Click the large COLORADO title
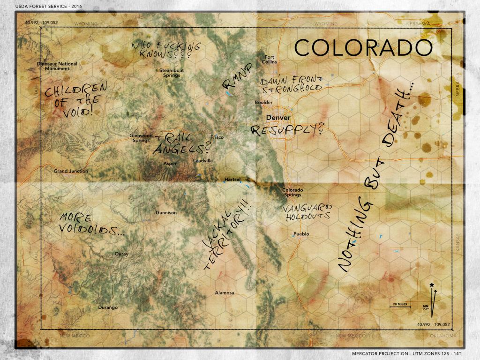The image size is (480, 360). (x=363, y=48)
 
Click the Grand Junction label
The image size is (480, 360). (x=71, y=171)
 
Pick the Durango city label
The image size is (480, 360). (x=108, y=307)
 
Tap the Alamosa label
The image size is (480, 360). (x=224, y=293)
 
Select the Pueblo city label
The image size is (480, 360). (x=301, y=234)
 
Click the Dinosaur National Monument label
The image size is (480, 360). (x=57, y=66)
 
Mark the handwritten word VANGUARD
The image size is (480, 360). (x=307, y=208)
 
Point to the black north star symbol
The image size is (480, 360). (x=432, y=285)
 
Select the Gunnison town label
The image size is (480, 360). (x=166, y=213)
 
